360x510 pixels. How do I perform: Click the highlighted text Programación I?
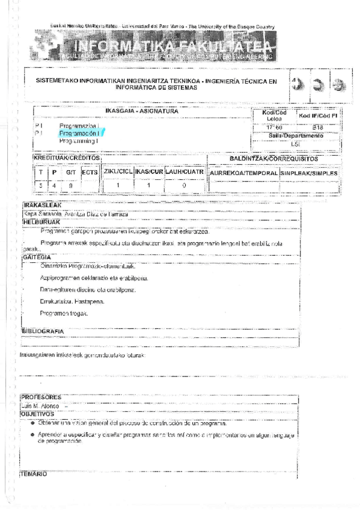coord(79,132)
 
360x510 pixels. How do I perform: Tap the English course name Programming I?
coord(79,140)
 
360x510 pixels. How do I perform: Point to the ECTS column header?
coord(90,173)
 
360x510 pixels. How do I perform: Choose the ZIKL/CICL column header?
coord(118,172)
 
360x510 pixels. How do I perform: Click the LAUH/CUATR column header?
coord(185,172)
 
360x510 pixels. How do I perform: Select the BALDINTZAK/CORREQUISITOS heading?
coord(273,158)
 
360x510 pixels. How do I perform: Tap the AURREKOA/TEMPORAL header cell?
coord(243,173)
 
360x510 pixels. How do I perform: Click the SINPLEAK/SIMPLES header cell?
coord(309,173)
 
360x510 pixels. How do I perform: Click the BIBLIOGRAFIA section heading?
coord(43,331)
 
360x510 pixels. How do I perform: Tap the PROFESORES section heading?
coord(41,398)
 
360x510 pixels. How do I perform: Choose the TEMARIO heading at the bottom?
coord(34,475)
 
